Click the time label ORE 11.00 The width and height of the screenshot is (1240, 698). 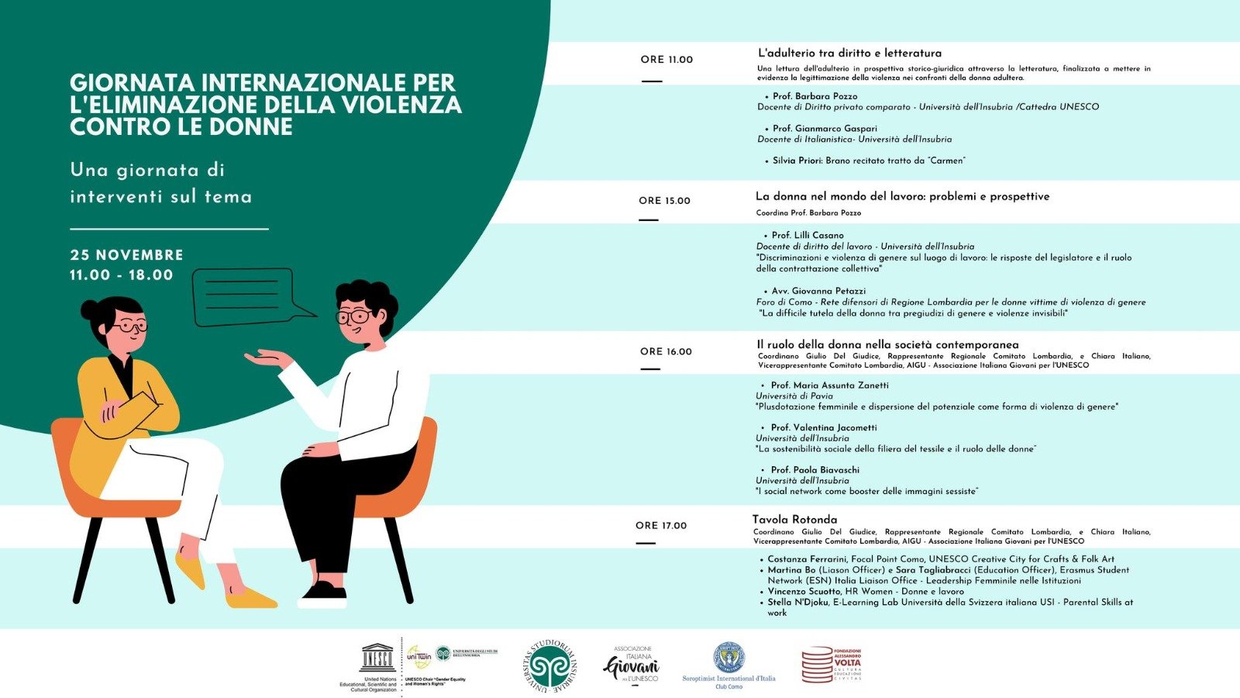click(666, 60)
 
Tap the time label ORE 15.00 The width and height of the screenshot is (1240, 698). click(664, 201)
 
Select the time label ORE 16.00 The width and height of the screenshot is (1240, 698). click(666, 351)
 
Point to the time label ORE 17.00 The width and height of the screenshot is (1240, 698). click(661, 526)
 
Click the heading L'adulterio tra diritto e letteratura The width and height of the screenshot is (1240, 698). click(849, 54)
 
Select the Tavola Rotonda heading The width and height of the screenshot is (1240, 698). click(794, 520)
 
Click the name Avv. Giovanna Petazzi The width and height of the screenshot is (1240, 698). click(808, 292)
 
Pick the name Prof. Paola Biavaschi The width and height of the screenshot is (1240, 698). click(815, 470)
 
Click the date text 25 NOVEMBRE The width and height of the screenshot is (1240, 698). click(126, 255)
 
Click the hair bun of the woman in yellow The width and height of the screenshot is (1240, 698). click(89, 309)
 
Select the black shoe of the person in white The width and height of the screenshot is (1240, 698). click(323, 593)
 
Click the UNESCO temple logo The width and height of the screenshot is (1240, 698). click(377, 659)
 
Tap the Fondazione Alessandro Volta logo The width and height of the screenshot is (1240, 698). click(831, 665)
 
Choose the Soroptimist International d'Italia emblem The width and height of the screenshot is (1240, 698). click(728, 658)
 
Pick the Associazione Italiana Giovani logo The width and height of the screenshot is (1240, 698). click(631, 665)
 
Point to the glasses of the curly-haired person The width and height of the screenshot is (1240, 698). click(354, 316)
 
